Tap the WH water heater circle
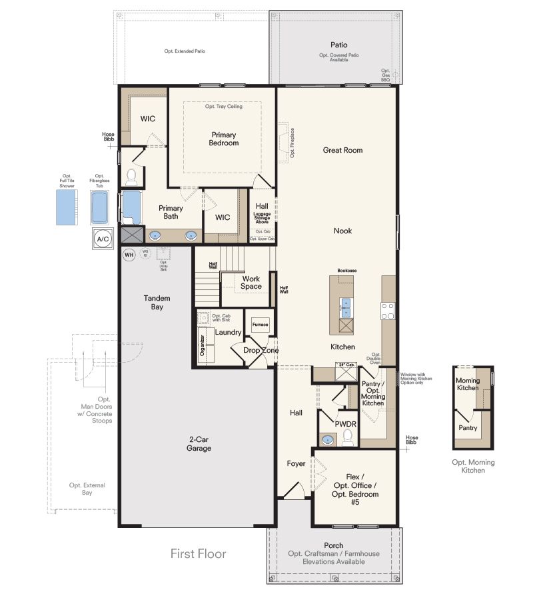coord(129,254)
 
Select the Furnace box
coord(260,325)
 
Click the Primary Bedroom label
coord(223,139)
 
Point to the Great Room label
coord(342,150)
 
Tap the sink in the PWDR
coord(326,439)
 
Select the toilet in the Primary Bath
coord(131,177)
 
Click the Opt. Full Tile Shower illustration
coord(67,207)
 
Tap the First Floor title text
coord(198,553)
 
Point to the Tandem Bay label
coord(157,302)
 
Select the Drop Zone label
coord(261,350)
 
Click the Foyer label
coord(296,463)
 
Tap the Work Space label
coord(251,282)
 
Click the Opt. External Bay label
coord(87,489)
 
